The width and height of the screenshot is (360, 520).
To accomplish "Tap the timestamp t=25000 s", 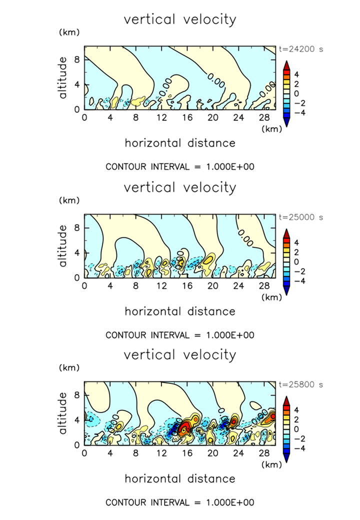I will tap(299, 218).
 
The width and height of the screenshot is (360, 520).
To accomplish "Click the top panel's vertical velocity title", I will tap(180, 19).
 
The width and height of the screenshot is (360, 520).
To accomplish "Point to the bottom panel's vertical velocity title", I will tap(180, 355).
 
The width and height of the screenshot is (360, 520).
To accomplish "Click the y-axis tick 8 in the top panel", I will tap(77, 59).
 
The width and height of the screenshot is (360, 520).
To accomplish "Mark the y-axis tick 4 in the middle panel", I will tap(77, 252).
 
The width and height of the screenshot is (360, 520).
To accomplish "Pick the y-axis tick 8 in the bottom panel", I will tap(77, 395).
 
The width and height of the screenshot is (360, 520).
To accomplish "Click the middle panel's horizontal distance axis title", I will tap(180, 311).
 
